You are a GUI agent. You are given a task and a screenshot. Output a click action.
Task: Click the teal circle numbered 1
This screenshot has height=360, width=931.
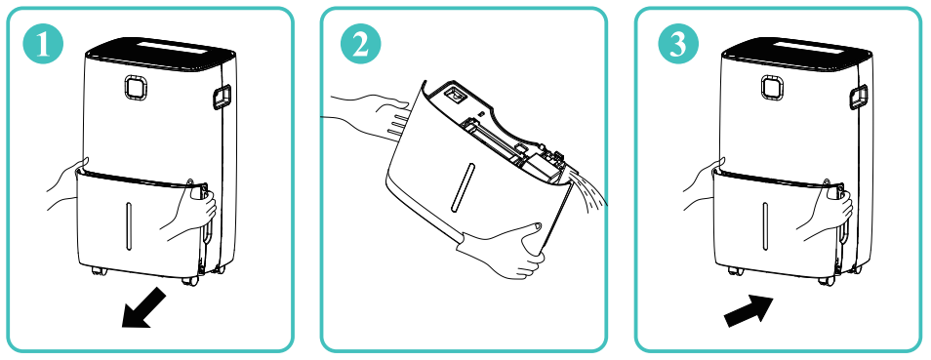point(42,45)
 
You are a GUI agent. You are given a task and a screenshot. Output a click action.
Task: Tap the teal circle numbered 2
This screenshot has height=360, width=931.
point(360,45)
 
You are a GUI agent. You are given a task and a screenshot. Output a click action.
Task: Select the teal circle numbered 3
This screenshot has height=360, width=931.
point(678,45)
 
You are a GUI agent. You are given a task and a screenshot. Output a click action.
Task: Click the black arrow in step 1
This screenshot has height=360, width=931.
point(143,306)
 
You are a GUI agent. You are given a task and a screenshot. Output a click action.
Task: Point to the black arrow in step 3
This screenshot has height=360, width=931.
point(749,310)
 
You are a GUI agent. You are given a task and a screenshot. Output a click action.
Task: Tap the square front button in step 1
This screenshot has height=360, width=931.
point(136,87)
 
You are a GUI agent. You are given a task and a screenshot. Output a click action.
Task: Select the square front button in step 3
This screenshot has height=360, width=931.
point(772,87)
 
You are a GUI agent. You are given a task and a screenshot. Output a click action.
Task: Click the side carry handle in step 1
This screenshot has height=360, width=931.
point(222,98)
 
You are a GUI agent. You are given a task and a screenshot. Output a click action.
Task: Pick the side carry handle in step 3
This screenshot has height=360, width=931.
point(858,98)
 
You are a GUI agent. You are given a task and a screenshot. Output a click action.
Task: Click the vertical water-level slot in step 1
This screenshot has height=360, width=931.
point(128,224)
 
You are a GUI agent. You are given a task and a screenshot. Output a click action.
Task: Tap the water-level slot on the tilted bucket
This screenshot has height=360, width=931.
point(461,187)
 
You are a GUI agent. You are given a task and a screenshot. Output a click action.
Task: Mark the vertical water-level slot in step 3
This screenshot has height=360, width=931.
point(765,224)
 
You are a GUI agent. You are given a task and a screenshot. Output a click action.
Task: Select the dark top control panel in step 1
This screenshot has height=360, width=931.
point(160,53)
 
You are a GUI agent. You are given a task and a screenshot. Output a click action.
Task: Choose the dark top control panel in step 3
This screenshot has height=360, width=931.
point(796,53)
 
